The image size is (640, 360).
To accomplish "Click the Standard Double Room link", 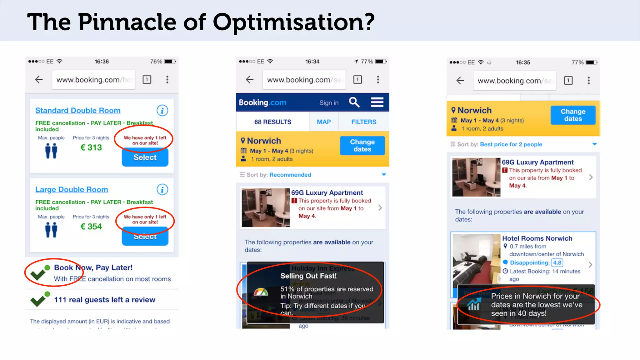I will point(78,111).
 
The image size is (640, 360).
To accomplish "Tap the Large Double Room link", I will point(72,190).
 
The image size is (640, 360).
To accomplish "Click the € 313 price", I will point(91,147).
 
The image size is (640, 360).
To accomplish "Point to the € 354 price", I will point(91,227).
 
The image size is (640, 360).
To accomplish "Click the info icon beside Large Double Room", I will point(162,190).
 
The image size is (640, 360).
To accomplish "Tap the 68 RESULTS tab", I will point(272,122).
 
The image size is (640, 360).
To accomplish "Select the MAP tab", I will point(324,122).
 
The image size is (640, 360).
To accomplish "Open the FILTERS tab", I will point(364,122).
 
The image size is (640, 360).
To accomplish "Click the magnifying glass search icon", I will point(354,102).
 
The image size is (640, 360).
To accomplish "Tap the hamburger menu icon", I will point(377,102).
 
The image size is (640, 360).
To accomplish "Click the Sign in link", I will point(329,103).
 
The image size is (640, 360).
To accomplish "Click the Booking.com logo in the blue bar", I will point(262,102).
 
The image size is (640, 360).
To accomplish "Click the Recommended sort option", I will point(290,175).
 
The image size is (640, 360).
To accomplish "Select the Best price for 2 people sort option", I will point(511,144).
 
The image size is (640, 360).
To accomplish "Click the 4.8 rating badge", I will point(557,263).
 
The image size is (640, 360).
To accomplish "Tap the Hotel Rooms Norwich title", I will point(537,238).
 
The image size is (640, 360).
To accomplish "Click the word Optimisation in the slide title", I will point(293,22).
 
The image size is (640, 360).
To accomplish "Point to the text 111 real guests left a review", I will point(105,300).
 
